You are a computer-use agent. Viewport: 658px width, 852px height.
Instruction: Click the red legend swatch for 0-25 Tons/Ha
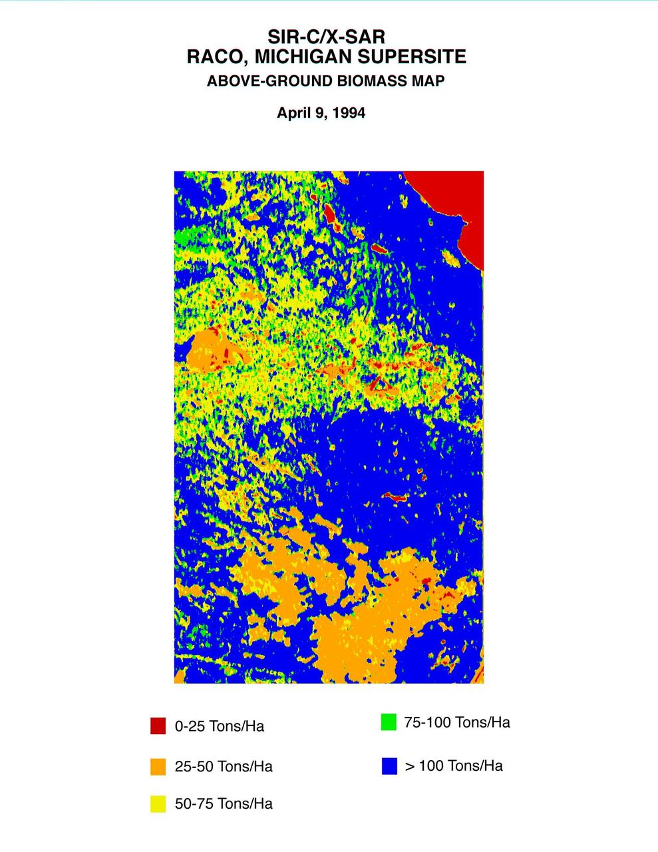pyautogui.click(x=158, y=726)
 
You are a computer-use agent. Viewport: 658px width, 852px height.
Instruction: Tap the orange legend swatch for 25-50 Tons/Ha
pyautogui.click(x=158, y=767)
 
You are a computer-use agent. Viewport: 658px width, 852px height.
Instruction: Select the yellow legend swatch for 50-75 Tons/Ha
pyautogui.click(x=158, y=804)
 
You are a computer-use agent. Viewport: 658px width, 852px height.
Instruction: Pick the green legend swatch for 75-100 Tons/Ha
pyautogui.click(x=389, y=722)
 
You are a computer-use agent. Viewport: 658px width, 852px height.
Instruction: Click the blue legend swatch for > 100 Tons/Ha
pyautogui.click(x=389, y=766)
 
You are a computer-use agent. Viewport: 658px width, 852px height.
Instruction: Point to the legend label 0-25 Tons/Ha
pyautogui.click(x=219, y=726)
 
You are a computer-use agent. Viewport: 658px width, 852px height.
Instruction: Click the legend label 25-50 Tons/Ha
pyautogui.click(x=224, y=767)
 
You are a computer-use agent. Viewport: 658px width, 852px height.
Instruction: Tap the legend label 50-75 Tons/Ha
pyautogui.click(x=224, y=804)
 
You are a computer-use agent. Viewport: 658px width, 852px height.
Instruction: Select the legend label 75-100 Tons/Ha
pyautogui.click(x=457, y=723)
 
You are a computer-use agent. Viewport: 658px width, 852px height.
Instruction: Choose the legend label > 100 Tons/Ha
pyautogui.click(x=454, y=766)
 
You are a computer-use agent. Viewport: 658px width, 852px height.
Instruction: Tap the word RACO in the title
pyautogui.click(x=213, y=57)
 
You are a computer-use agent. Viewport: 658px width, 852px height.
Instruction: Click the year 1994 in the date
pyautogui.click(x=348, y=113)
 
